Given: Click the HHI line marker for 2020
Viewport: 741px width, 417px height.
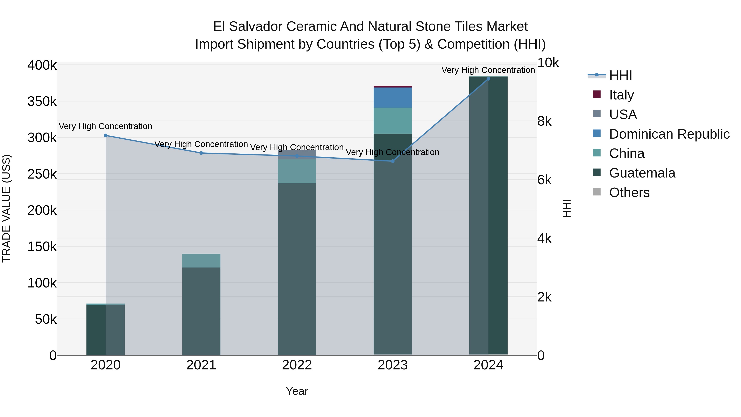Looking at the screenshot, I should [x=106, y=135].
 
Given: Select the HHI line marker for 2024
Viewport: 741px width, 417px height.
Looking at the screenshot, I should [x=488, y=79].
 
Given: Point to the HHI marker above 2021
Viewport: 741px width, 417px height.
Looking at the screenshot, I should [x=201, y=153].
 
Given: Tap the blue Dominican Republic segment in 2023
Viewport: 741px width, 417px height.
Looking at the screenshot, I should [x=393, y=98].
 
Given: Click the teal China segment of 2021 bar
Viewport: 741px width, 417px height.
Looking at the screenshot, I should [x=201, y=260].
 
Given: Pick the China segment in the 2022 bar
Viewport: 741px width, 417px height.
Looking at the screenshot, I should [x=297, y=171].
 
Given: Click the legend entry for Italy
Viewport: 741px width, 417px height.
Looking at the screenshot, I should [x=621, y=95].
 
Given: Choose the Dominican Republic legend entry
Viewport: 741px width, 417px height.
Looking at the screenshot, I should [x=669, y=134].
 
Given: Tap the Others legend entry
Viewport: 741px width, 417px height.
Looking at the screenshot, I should [x=629, y=193].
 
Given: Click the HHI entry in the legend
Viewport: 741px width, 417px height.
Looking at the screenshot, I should [x=620, y=75].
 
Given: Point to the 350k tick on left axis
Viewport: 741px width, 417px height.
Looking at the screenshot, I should [x=42, y=102].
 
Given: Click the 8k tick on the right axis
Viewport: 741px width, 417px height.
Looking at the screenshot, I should [x=544, y=121].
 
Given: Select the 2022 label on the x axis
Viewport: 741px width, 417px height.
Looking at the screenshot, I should [x=297, y=365].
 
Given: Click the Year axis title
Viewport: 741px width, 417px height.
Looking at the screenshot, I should [x=297, y=391].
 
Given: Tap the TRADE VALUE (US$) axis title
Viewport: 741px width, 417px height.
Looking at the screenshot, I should [x=6, y=208].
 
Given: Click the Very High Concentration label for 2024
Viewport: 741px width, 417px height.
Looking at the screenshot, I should [x=488, y=70].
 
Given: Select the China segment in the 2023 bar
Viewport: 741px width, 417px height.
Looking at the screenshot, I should [x=393, y=121].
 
